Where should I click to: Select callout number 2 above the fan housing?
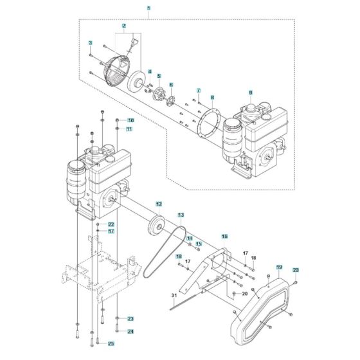tap(123, 27)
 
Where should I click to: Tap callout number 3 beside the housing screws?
tap(91, 43)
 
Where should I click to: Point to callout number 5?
tap(159, 76)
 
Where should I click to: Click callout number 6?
tap(171, 84)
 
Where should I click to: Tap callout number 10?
tap(130, 120)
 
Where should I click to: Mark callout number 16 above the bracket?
tap(224, 237)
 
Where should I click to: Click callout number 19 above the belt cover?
tap(280, 266)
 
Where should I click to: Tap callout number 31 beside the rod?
tap(173, 295)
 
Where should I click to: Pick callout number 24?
tap(130, 332)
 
